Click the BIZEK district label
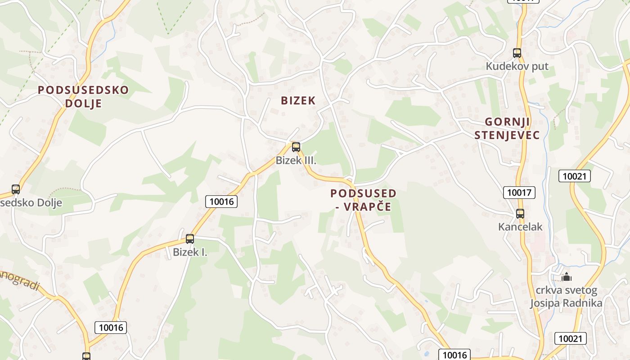(x=298, y=100)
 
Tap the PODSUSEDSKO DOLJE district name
(x=83, y=96)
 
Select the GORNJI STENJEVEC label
(x=507, y=128)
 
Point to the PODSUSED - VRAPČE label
(x=364, y=200)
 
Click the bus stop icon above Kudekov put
(x=517, y=53)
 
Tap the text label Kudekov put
(x=517, y=67)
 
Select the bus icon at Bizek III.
(x=296, y=147)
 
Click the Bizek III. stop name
(x=296, y=160)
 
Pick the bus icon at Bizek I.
(x=190, y=238)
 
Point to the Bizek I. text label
(x=190, y=252)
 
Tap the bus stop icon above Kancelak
(x=520, y=213)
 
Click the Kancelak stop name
(x=520, y=227)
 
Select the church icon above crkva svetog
(x=566, y=276)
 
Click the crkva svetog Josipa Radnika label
(x=566, y=297)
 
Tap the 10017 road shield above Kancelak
(x=519, y=193)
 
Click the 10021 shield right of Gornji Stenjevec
(x=574, y=176)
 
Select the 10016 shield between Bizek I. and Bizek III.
(x=221, y=202)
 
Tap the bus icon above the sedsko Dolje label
(x=16, y=189)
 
